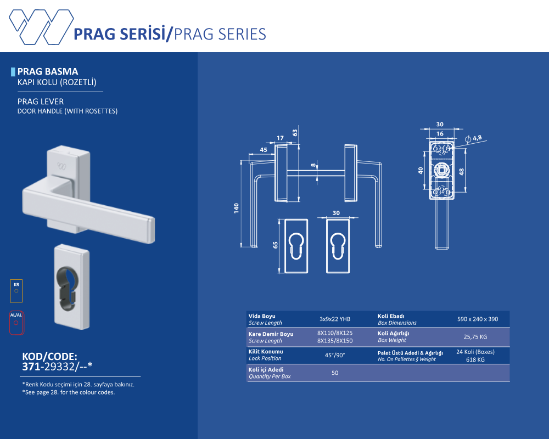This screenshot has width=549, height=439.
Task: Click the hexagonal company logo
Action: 41,27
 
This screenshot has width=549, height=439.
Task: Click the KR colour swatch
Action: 16,291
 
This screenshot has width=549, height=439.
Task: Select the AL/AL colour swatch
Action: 16,323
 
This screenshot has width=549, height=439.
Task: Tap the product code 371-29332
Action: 58,367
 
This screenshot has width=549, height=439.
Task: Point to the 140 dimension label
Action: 236,208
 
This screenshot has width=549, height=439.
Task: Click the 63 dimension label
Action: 295,133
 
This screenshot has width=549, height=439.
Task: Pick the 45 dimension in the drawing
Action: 264,150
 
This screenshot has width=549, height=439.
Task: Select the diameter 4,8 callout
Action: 473,138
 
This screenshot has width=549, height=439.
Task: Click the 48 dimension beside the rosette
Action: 462,172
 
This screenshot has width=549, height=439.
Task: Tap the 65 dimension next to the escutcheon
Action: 275,245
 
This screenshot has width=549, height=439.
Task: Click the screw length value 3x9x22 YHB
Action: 335,319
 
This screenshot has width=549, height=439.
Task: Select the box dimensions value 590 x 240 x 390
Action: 478,319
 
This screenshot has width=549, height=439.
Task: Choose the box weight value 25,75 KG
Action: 475,337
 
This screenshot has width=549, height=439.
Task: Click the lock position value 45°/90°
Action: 335,356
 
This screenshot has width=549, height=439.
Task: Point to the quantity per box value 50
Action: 335,373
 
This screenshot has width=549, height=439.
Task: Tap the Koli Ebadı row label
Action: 391,316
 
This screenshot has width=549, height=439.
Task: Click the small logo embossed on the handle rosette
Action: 61,166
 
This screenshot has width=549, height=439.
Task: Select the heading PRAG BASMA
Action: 48,71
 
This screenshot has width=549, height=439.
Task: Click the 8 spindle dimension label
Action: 313,165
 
